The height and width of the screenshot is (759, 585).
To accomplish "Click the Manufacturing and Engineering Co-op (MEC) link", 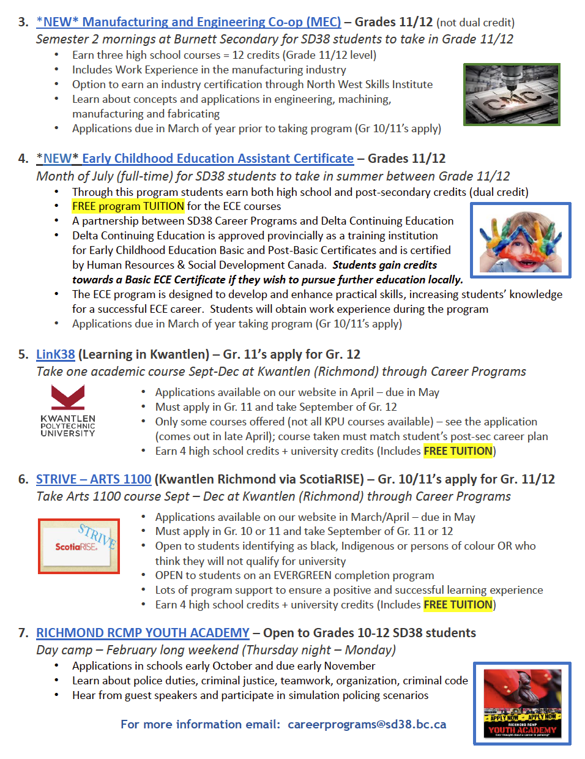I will (x=188, y=22).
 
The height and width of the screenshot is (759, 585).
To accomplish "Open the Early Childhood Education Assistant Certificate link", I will (x=195, y=159).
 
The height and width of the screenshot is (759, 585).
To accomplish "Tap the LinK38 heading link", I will (x=55, y=354).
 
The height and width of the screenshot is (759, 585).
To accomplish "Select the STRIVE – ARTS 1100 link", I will (x=93, y=479).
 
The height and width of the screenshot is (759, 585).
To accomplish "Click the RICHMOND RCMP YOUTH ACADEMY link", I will (x=143, y=633).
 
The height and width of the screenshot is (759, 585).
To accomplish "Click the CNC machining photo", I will (x=512, y=94).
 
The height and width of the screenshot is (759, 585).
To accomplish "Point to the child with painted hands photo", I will (x=520, y=240).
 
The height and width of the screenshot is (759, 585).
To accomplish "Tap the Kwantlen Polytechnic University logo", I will (x=68, y=411).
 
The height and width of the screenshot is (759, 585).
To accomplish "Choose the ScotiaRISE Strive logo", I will (x=78, y=545).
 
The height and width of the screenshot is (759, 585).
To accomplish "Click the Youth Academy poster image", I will (x=522, y=703).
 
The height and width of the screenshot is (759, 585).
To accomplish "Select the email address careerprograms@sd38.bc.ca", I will (x=367, y=725).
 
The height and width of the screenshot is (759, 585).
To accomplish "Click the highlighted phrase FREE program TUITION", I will (x=128, y=206).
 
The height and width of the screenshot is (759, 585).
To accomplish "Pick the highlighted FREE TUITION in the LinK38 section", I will (x=458, y=451).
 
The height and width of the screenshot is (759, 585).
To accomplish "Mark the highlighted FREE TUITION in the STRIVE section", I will (x=458, y=605).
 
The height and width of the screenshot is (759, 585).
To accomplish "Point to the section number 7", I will (x=23, y=633).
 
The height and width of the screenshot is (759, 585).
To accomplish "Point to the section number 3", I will (x=23, y=22).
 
